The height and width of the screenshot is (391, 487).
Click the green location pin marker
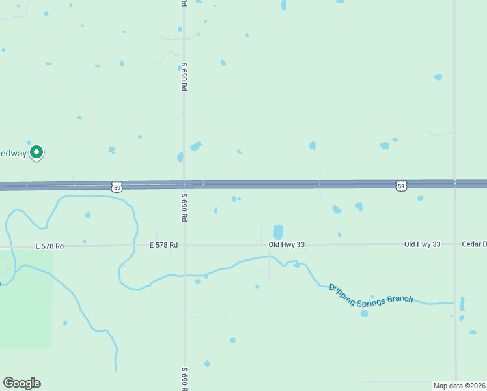[37, 152]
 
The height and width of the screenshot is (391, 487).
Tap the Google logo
[21, 383]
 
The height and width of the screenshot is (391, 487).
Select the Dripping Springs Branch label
[370, 294]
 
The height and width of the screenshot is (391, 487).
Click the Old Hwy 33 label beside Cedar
[422, 244]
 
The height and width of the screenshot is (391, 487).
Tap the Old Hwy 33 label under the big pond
[286, 244]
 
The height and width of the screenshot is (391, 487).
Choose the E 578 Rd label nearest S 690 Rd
[163, 245]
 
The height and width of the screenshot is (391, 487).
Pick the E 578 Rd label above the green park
[49, 246]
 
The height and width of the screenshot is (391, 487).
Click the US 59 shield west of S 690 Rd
[117, 187]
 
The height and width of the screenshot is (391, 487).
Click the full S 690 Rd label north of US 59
[184, 76]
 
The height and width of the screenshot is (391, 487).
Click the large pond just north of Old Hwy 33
[278, 232]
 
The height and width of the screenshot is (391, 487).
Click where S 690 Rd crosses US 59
[184, 185]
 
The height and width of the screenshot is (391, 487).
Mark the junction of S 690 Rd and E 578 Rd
[184, 245]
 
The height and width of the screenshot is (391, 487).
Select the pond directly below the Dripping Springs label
[364, 313]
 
